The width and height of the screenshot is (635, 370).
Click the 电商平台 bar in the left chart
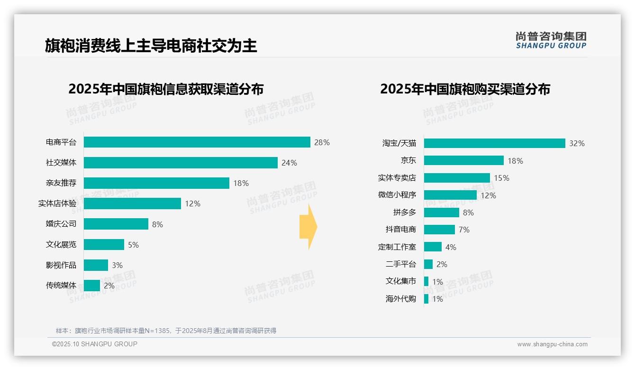click(x=197, y=142)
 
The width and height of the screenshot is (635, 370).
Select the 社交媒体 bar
click(x=181, y=163)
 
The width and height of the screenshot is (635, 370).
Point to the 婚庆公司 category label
click(x=61, y=224)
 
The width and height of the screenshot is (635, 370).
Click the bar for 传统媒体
click(x=92, y=286)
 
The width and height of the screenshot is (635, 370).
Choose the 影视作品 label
click(x=61, y=265)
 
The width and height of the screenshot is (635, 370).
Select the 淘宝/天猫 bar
click(x=494, y=143)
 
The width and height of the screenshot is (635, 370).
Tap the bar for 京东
click(x=463, y=160)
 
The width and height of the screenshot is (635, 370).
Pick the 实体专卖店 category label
click(x=397, y=178)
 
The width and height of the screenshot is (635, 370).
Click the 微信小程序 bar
click(x=450, y=195)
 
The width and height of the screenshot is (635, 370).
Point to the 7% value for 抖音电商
click(x=464, y=230)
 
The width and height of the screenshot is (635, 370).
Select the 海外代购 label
click(x=400, y=299)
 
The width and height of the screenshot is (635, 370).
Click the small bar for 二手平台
click(x=428, y=264)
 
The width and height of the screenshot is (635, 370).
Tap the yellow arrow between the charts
click(x=308, y=227)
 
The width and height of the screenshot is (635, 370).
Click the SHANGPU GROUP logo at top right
click(x=551, y=40)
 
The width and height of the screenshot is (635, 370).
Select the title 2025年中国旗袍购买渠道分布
click(x=465, y=89)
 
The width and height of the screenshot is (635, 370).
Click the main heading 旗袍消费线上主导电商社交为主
click(x=151, y=46)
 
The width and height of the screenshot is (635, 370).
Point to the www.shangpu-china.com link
click(x=552, y=344)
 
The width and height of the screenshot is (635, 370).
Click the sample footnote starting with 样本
click(x=166, y=331)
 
